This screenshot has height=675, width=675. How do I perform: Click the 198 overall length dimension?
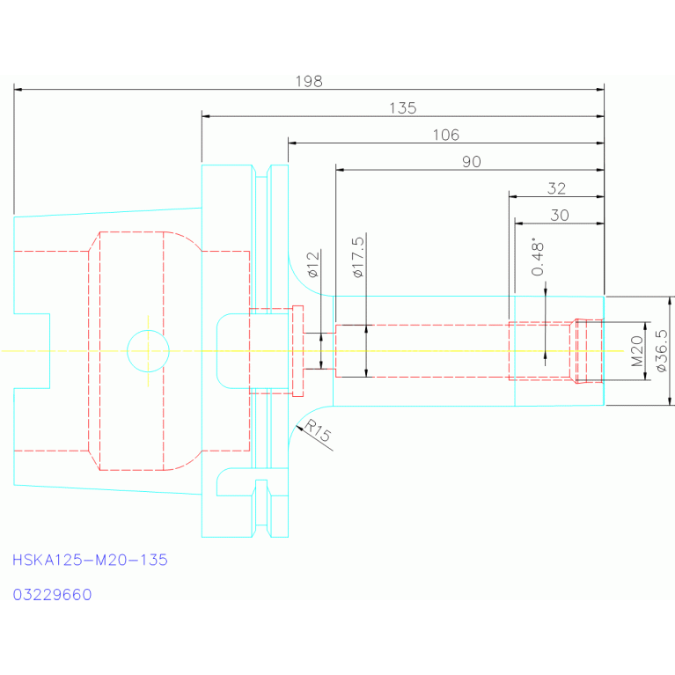point(309,81)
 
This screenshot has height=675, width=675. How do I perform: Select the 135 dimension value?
point(403,108)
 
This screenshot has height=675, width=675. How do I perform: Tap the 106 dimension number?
point(446,135)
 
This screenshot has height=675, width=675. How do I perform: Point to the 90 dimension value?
point(472,162)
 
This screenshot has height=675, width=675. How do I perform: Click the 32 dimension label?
point(556,188)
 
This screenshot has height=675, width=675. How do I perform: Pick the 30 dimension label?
point(560,216)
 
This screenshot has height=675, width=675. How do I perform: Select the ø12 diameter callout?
point(313,264)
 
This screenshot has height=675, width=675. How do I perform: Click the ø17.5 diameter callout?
point(358,257)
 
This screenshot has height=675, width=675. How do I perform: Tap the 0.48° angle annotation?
point(538,257)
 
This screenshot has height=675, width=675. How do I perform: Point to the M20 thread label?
point(637,351)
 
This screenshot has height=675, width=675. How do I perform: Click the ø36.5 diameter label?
point(662,351)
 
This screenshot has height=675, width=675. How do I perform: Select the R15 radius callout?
point(318,431)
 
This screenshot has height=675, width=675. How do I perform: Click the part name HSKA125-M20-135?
point(90,560)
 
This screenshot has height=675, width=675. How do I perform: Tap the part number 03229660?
point(52,595)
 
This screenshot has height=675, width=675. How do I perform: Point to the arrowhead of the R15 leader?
point(299,428)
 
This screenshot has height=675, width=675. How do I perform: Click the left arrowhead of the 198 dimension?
point(18,90)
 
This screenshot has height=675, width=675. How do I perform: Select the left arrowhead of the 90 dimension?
point(340,170)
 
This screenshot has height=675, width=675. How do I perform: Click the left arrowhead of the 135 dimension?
point(206,116)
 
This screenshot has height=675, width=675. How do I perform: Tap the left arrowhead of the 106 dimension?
point(292,143)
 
